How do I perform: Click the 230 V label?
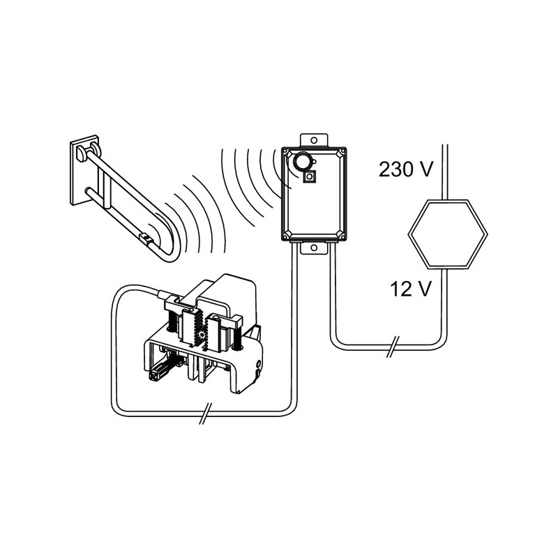point(406,169)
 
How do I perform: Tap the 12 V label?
point(411,289)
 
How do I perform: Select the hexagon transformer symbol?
point(447,234)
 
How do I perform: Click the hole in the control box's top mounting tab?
point(313,140)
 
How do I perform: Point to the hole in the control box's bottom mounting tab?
point(313,248)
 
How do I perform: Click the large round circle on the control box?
point(301,162)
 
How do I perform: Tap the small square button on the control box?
point(310,177)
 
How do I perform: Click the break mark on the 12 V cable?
point(392,346)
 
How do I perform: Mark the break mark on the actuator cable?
point(205,414)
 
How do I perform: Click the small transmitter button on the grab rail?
point(146,237)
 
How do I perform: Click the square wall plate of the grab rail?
point(84,169)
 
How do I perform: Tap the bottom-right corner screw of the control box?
point(341,234)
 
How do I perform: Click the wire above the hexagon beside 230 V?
point(444,172)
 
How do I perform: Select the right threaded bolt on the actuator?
point(236,335)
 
